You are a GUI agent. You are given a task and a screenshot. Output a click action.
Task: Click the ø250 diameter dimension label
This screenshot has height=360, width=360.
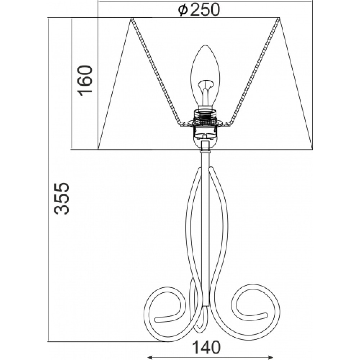(199, 10)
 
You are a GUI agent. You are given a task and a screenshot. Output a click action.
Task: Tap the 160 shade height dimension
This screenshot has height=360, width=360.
(85, 81)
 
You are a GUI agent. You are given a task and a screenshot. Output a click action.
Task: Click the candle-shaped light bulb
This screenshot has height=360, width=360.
(205, 76)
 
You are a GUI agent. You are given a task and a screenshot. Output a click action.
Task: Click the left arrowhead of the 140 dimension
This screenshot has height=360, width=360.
(149, 357)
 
